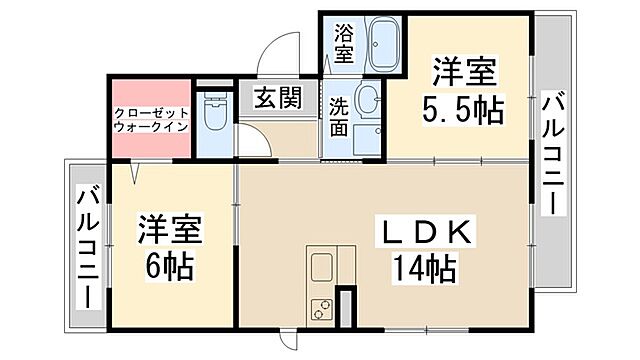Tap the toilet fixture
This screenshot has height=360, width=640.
(x=212, y=118)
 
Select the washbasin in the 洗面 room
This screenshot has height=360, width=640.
(x=368, y=99)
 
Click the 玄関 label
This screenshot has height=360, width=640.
(x=277, y=99)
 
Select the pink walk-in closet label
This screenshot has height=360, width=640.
(x=150, y=121)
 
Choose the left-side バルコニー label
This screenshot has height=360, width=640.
(x=87, y=246)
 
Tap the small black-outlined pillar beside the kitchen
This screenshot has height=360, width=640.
(x=345, y=307)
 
